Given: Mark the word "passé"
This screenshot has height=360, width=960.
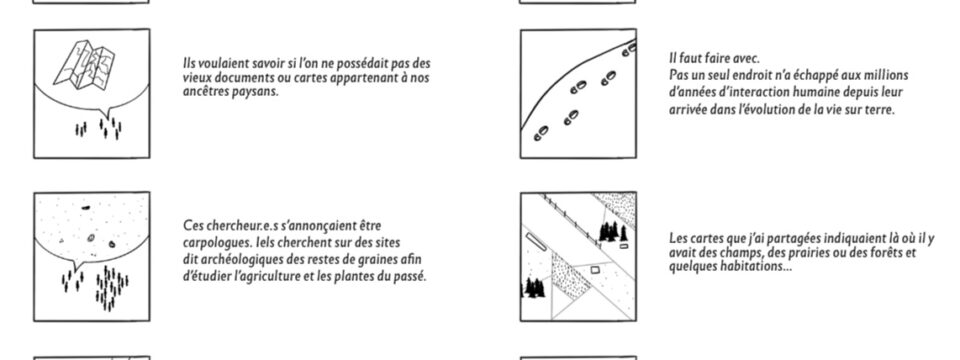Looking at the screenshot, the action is (x=411, y=276).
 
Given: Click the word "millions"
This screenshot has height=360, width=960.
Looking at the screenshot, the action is (x=887, y=75).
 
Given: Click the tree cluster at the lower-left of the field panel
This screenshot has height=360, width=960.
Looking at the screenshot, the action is (x=533, y=288).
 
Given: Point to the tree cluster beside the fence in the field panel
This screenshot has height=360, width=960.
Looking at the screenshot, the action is (x=612, y=232).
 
